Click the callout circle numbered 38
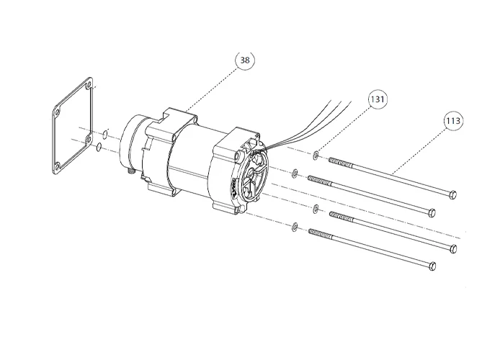(245, 60)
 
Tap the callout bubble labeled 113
(453, 120)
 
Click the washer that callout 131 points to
(317, 155)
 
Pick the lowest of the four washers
(295, 228)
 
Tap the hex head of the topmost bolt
(452, 194)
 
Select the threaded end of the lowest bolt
(319, 233)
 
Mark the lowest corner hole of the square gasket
(56, 167)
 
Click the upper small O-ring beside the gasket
(105, 134)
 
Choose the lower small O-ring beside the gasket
(98, 148)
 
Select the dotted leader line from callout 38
(213, 86)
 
